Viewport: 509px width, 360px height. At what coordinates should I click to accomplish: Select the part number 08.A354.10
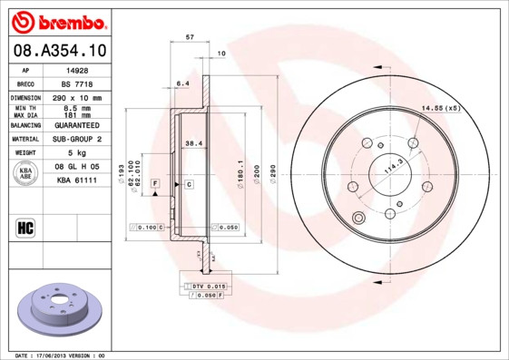click(60, 51)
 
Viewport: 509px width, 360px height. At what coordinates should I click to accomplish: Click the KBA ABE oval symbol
click(27, 174)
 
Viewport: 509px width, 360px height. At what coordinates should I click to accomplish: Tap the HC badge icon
click(26, 227)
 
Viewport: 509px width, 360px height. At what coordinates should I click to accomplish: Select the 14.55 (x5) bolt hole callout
click(440, 109)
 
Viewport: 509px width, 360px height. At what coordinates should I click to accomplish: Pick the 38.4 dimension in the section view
click(192, 142)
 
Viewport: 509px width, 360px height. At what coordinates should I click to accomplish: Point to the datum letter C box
click(189, 184)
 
